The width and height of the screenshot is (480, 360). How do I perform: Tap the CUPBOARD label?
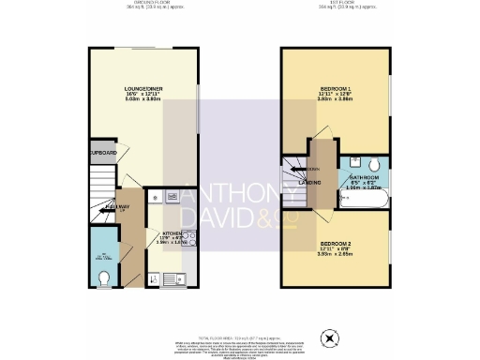(x=101, y=153)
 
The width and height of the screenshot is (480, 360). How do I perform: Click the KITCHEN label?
(x=174, y=233)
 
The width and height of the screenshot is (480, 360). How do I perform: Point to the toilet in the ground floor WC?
(x=104, y=277)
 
